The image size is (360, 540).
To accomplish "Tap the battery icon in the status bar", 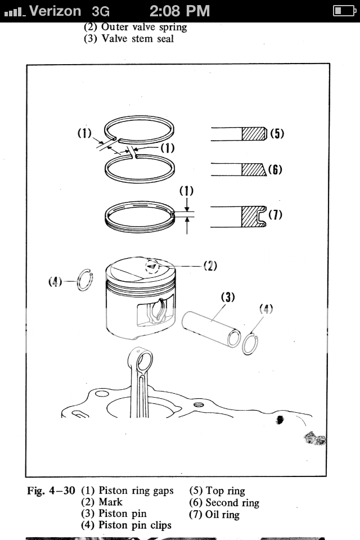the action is click(x=344, y=11).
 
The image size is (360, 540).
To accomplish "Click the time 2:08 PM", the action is click(x=179, y=11).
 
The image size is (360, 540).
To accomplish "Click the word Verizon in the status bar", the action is click(x=55, y=11).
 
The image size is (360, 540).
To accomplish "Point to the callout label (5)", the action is click(x=277, y=134).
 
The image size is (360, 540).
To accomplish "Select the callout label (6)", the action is click(x=275, y=169).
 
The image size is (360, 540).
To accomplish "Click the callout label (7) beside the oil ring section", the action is click(x=275, y=214).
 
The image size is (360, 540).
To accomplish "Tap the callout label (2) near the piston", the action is click(x=210, y=266).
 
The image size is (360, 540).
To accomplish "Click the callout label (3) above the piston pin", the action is click(x=228, y=297).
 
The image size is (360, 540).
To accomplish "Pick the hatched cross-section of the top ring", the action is click(x=254, y=134).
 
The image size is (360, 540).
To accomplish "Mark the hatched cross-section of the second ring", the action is click(x=254, y=169).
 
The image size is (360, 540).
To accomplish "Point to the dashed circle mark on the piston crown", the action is click(x=152, y=266).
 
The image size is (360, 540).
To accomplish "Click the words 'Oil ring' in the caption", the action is click(x=222, y=515).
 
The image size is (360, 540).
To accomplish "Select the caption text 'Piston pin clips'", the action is click(x=134, y=525).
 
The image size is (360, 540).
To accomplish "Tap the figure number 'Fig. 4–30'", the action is click(x=51, y=490).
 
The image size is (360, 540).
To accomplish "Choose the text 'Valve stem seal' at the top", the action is click(x=137, y=39).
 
